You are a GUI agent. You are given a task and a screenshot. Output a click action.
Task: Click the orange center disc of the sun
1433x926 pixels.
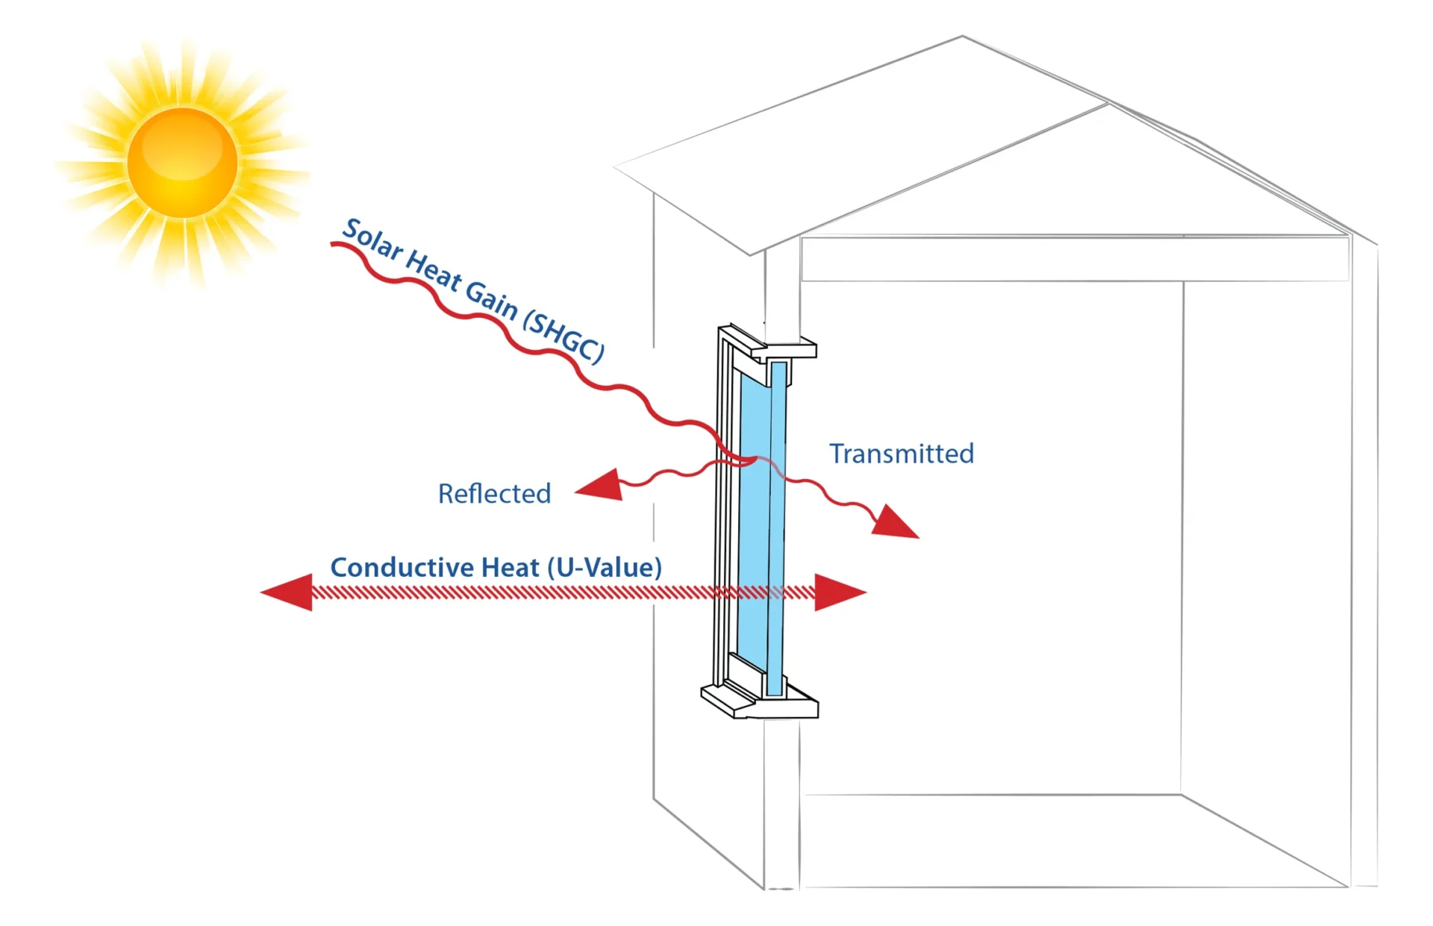(x=182, y=162)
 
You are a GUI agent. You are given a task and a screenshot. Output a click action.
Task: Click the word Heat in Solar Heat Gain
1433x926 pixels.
(x=433, y=271)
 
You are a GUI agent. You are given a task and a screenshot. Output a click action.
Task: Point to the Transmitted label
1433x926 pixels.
(x=902, y=454)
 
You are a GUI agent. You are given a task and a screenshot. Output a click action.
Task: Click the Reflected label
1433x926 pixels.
(x=494, y=494)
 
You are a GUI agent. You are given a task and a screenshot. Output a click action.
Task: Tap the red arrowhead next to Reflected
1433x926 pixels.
(x=600, y=486)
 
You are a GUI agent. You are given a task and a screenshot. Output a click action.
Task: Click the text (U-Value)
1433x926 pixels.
(x=605, y=568)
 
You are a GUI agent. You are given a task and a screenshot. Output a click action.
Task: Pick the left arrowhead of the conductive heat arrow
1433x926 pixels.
(x=287, y=592)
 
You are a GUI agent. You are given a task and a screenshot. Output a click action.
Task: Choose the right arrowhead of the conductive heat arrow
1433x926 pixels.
(x=839, y=592)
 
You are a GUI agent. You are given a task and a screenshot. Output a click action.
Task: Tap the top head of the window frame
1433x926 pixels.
(x=769, y=345)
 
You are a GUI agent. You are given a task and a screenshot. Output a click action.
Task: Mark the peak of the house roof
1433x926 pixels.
(x=962, y=37)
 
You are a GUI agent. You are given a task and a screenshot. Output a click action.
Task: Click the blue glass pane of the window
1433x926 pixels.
(x=754, y=537)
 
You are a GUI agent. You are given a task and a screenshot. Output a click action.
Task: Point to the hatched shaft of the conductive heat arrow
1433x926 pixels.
(x=522, y=593)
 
